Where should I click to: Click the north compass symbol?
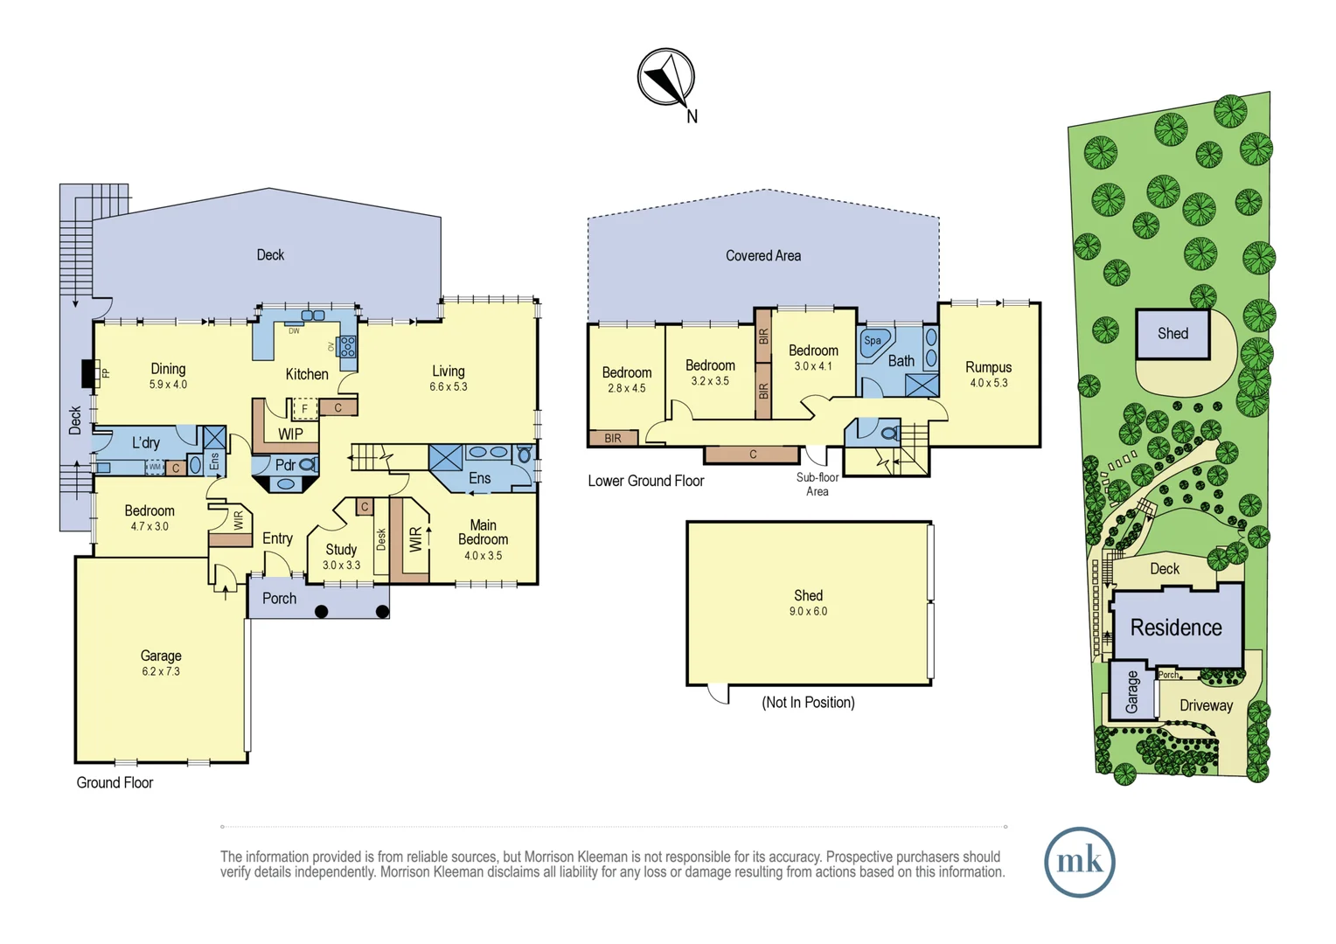click(666, 78)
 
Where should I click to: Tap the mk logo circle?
click(1080, 862)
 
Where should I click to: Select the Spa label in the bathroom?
click(873, 341)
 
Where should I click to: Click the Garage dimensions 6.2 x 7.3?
click(160, 671)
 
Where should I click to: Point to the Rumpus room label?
click(988, 367)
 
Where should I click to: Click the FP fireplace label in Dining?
click(106, 373)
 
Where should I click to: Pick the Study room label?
click(341, 549)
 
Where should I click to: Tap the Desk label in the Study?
click(381, 539)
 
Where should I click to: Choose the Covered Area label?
click(763, 256)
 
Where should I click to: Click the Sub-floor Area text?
click(818, 484)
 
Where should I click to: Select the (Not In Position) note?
click(808, 703)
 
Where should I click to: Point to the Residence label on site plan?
click(1176, 628)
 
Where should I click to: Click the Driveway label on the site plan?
click(1206, 705)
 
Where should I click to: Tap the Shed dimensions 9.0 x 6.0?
click(808, 611)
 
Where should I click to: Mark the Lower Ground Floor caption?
click(646, 481)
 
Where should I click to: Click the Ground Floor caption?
click(115, 782)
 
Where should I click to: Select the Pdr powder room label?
click(285, 464)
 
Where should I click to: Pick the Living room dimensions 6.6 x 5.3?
click(449, 386)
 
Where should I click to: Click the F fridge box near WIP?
click(305, 409)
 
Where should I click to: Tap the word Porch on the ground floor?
click(279, 598)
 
